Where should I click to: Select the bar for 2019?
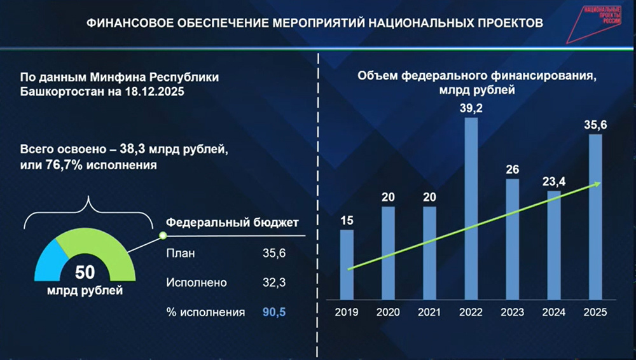click(347, 265)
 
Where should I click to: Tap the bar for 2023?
click(512, 239)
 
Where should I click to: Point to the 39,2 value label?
click(471, 109)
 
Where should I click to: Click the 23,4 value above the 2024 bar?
click(554, 181)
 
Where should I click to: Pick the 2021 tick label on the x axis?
click(430, 312)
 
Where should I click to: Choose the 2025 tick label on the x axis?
click(595, 312)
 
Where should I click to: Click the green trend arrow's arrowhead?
click(597, 184)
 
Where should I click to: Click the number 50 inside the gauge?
click(85, 273)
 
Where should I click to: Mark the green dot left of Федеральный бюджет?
click(162, 235)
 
